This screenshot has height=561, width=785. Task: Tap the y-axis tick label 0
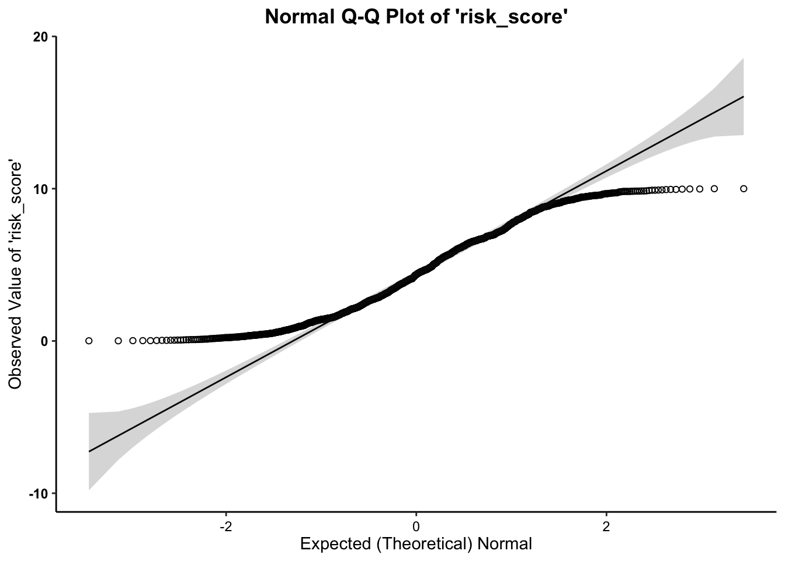(44, 341)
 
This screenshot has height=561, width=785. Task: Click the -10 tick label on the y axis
(39, 493)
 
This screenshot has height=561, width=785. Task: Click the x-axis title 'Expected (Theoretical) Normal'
(416, 544)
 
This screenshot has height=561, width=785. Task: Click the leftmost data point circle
(89, 341)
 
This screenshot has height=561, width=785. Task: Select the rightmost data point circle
(744, 189)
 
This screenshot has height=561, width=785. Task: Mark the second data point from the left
(118, 341)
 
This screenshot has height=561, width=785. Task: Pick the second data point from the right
(714, 189)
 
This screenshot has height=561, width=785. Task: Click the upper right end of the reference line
(744, 96)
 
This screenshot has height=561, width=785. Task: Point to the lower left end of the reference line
(89, 451)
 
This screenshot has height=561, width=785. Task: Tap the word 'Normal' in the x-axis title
(505, 544)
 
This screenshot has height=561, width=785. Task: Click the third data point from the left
(133, 341)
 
